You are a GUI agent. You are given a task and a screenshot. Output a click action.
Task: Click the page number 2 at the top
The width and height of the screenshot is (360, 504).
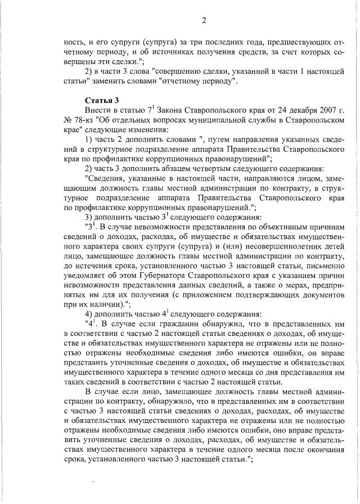pos(205,21)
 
